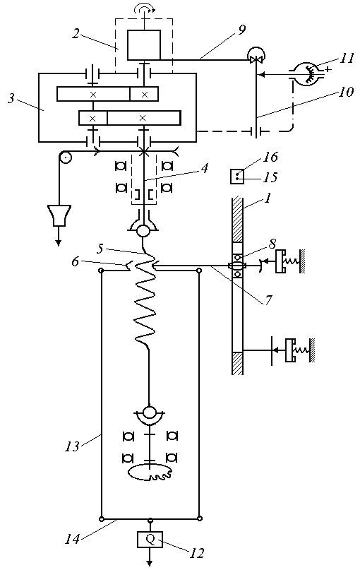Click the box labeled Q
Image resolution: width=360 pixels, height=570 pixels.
click(x=150, y=539)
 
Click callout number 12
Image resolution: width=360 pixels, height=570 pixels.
click(x=196, y=553)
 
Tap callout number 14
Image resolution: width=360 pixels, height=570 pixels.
click(x=71, y=538)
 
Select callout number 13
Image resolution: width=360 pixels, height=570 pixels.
click(x=71, y=446)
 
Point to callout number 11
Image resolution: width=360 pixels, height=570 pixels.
click(x=347, y=59)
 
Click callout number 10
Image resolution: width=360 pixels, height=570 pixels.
click(x=346, y=92)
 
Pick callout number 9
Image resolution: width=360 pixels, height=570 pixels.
click(x=241, y=30)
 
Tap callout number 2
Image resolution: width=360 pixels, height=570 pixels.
click(x=76, y=35)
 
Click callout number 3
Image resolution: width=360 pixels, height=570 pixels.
click(x=11, y=98)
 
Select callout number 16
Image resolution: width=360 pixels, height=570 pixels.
click(x=271, y=157)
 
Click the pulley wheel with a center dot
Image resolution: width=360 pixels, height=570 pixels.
click(x=66, y=158)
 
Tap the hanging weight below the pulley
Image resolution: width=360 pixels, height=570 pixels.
click(x=59, y=215)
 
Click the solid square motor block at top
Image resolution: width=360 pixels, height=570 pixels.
click(x=144, y=44)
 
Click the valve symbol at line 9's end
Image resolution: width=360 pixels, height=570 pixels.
click(x=256, y=56)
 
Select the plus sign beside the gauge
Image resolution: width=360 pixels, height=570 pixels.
click(x=329, y=69)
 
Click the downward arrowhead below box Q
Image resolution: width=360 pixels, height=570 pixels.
click(x=150, y=563)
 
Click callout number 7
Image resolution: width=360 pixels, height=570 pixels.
click(x=268, y=300)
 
